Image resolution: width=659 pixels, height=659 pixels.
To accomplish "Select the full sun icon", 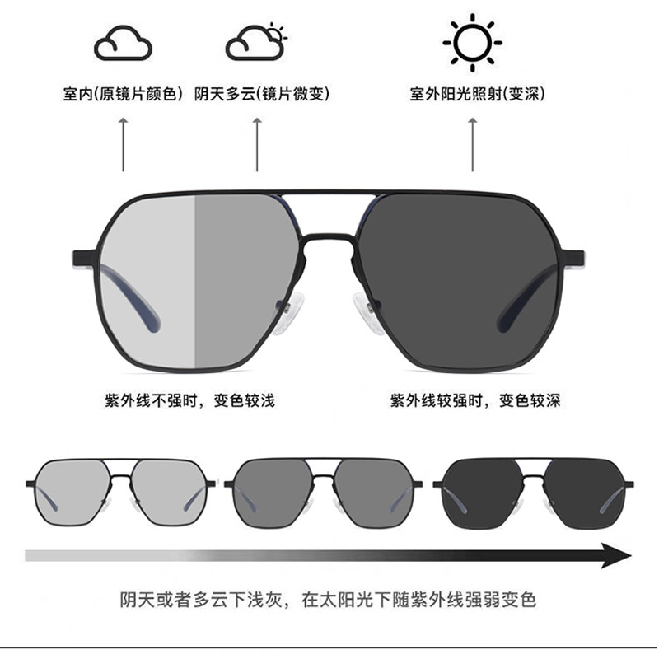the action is click(x=472, y=40).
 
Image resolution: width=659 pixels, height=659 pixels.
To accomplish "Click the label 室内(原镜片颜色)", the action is click(x=123, y=94).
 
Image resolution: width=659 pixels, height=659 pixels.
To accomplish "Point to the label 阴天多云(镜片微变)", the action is click(x=262, y=94).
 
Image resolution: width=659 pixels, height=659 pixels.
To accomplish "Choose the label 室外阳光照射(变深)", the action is click(x=477, y=94).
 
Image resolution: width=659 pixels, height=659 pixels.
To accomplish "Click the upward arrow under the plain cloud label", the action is click(x=124, y=144).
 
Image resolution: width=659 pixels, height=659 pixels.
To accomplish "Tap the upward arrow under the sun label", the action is click(x=473, y=144).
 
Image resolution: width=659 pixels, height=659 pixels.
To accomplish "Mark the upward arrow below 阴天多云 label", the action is click(x=257, y=144).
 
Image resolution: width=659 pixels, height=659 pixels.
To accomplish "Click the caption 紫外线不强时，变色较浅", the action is click(x=189, y=401).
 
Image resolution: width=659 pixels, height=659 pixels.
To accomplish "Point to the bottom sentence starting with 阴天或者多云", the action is click(x=328, y=599).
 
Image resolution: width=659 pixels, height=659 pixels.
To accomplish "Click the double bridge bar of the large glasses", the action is click(x=329, y=198).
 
